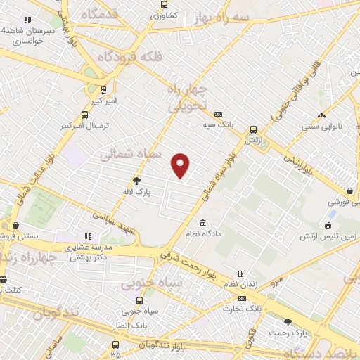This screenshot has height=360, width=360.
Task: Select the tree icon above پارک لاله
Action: [x=136, y=181]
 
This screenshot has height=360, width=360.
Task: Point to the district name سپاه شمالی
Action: [x=131, y=153]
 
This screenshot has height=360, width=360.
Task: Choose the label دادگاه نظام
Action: [x=200, y=233]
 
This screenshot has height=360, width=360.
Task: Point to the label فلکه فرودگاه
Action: [x=126, y=56]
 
